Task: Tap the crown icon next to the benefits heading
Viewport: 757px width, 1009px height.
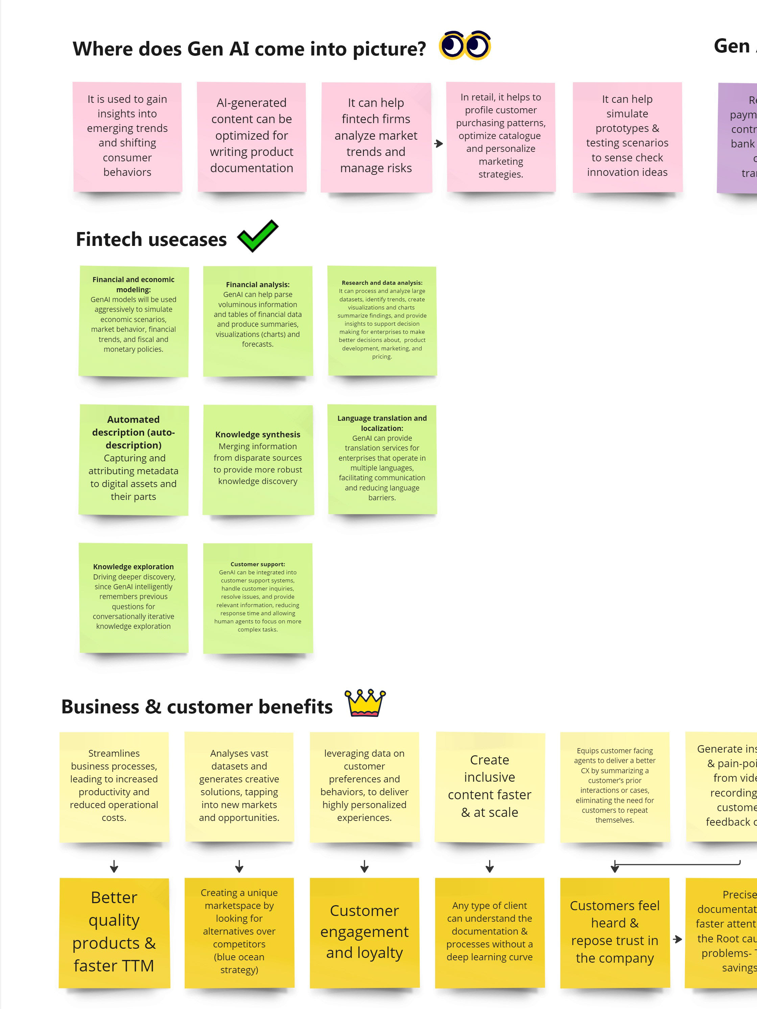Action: [365, 703]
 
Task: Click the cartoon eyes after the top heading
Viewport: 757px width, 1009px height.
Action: [465, 46]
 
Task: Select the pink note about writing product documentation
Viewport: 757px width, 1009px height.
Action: [252, 136]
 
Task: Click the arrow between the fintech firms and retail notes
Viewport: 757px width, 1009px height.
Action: [439, 144]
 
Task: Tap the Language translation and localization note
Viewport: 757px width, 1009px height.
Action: [382, 458]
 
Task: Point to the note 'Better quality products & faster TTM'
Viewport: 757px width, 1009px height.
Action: [114, 932]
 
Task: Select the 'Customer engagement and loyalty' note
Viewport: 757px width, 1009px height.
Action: [364, 932]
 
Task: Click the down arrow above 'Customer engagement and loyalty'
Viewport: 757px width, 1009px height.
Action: [364, 866]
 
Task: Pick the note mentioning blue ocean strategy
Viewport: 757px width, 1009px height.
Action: [239, 932]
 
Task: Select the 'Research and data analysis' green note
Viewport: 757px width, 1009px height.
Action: [382, 320]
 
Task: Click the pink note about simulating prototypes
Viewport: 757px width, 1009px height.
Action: [627, 136]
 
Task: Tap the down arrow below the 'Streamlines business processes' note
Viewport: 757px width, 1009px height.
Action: [114, 866]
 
